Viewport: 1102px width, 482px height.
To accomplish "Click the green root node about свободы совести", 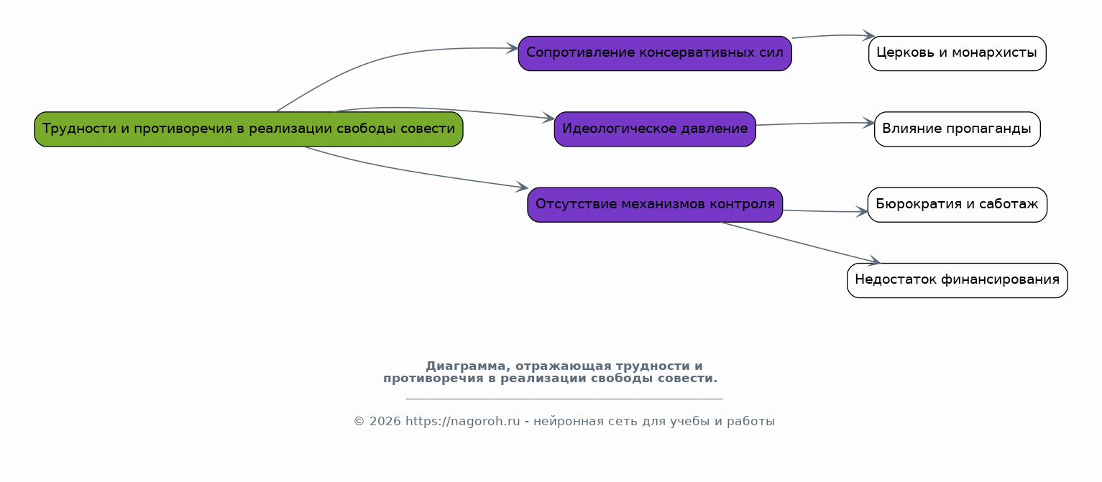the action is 249,129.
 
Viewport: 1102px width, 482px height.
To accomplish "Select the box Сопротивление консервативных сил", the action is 655,54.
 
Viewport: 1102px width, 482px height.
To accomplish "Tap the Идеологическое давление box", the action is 655,129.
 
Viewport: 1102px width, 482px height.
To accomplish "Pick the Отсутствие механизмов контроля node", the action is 655,205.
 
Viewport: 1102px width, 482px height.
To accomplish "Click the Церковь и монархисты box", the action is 958,54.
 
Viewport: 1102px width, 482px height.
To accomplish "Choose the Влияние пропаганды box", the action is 958,129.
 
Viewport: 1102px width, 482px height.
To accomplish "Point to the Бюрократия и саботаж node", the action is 958,205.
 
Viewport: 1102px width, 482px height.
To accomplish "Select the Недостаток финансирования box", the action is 958,281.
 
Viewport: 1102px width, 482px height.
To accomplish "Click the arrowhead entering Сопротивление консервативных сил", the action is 513,48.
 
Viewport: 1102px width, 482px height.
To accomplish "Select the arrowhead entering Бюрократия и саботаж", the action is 862,212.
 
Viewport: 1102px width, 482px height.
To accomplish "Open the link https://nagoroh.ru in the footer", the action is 462,422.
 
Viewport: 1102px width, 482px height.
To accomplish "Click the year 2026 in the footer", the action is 385,422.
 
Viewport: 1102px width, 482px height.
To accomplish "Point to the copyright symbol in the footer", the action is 359,422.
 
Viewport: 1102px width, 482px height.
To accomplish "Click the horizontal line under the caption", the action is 564,399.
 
